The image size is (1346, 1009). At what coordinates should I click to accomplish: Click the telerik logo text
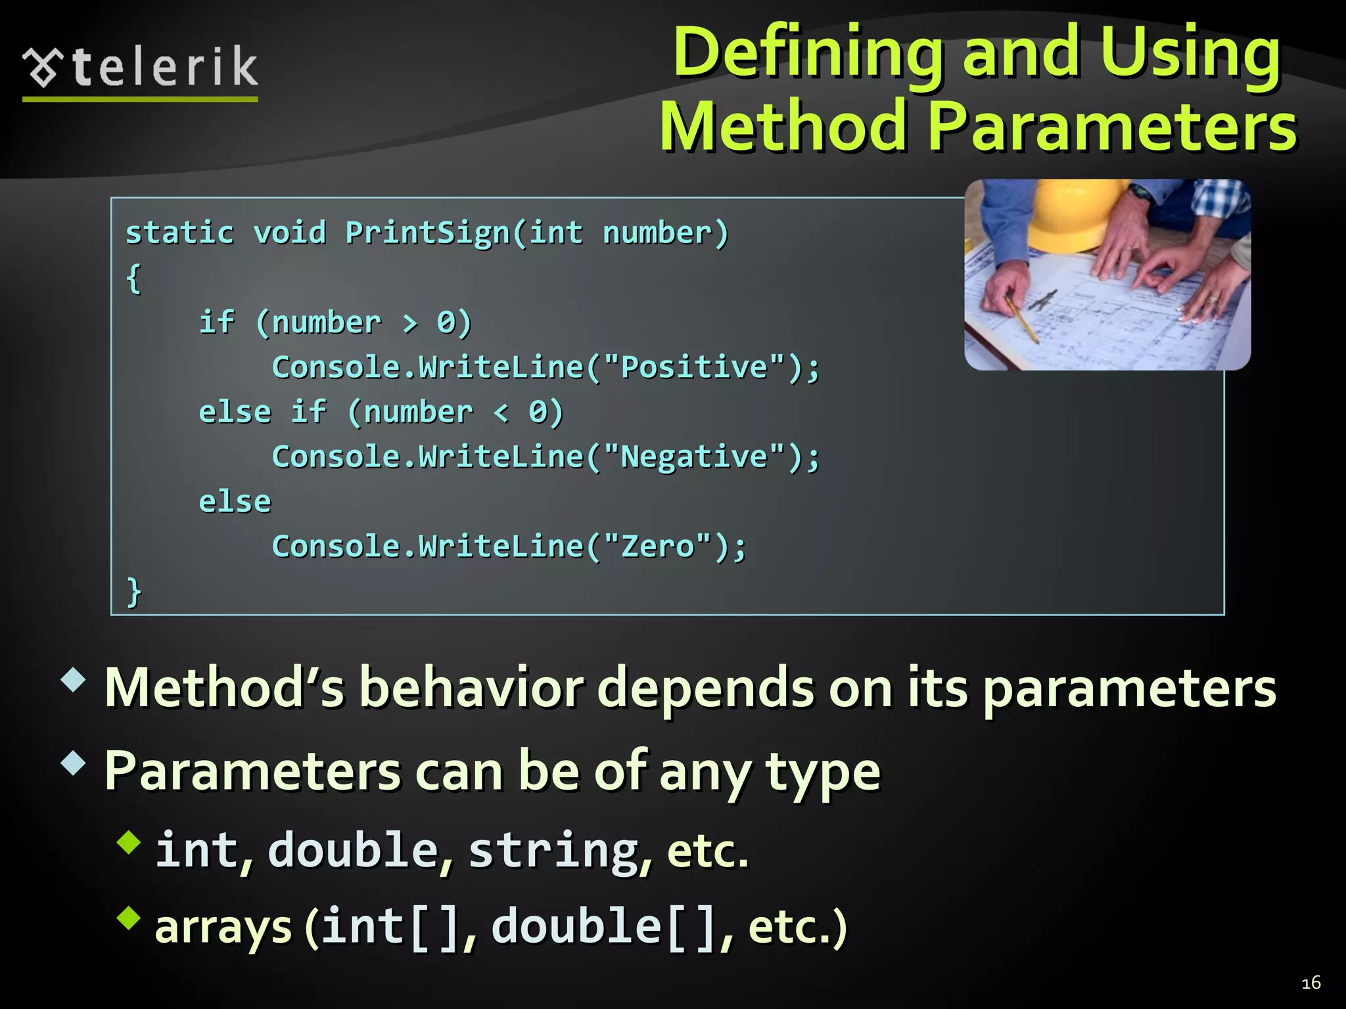pyautogui.click(x=164, y=67)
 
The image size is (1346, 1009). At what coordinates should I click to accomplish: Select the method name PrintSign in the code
pyautogui.click(x=427, y=233)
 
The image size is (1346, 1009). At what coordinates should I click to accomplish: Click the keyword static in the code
pyautogui.click(x=179, y=233)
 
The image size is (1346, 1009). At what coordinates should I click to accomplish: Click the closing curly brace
pyautogui.click(x=134, y=591)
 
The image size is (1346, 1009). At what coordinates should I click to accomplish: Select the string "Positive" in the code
pyautogui.click(x=694, y=367)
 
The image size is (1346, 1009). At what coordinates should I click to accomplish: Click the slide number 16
pyautogui.click(x=1311, y=983)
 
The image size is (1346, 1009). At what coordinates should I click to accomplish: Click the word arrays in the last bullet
pyautogui.click(x=223, y=927)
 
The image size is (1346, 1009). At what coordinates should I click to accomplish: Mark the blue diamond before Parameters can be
pyautogui.click(x=73, y=763)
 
